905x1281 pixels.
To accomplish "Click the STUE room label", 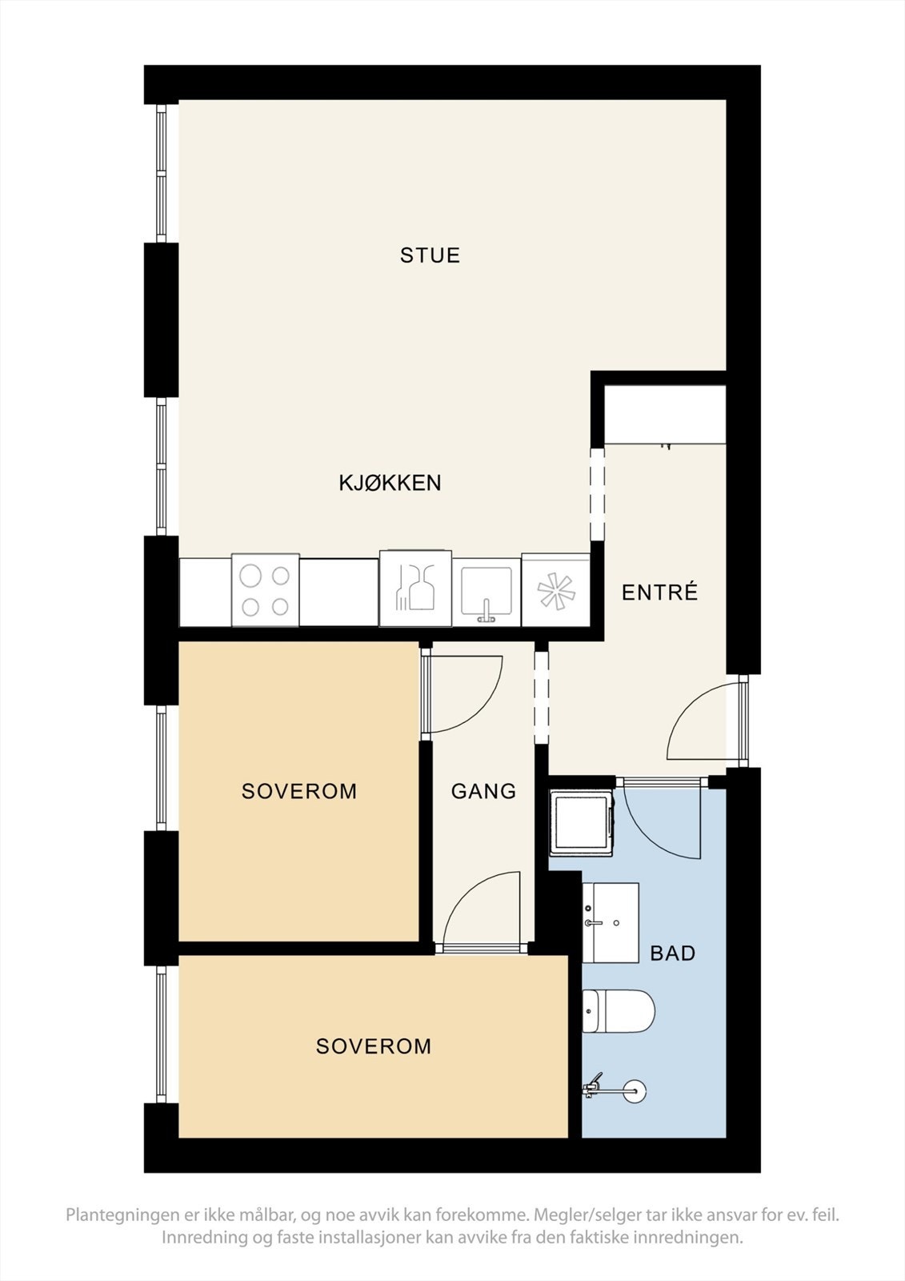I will (x=430, y=255).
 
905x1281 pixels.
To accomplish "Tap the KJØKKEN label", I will (x=390, y=483).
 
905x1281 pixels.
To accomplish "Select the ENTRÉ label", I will (x=660, y=592).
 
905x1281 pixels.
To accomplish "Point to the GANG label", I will (x=483, y=791).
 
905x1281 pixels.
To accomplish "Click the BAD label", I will (x=672, y=953).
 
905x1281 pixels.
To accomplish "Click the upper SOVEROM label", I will (x=299, y=791).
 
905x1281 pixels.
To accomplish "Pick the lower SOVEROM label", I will (x=374, y=1046).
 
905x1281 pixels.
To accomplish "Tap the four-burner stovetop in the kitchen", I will (x=265, y=590).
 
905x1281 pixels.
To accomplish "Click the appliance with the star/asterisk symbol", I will (x=556, y=591).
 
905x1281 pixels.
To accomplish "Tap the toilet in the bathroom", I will (x=618, y=1011).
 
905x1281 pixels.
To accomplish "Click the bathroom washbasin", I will (x=610, y=922).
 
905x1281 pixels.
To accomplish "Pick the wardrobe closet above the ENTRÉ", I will (x=665, y=414).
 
